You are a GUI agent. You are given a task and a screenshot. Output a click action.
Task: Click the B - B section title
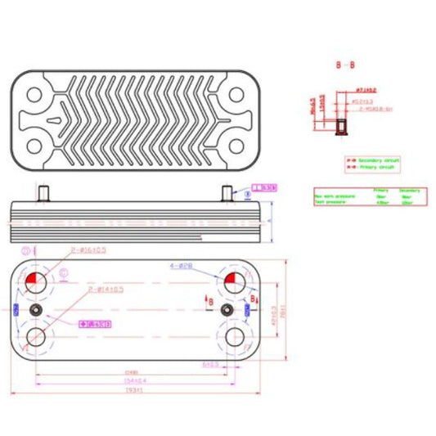(344, 63)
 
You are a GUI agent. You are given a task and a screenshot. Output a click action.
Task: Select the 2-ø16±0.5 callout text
(88, 251)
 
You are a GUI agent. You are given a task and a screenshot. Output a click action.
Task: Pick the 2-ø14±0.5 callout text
(106, 290)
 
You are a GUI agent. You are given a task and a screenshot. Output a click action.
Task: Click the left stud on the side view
(43, 193)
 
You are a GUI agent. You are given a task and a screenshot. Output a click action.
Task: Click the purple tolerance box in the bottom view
(94, 325)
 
